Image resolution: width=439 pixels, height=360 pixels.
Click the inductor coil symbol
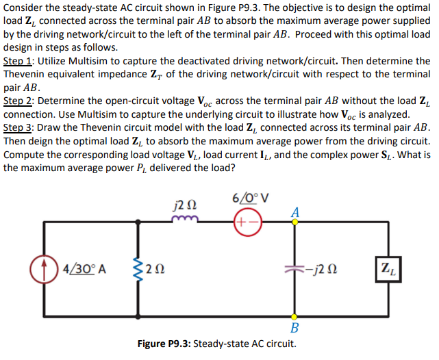coord(184,220)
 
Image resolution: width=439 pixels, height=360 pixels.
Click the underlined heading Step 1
coord(19,62)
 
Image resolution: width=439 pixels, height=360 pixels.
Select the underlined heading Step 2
coord(19,101)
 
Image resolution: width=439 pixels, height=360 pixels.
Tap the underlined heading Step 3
coord(19,127)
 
